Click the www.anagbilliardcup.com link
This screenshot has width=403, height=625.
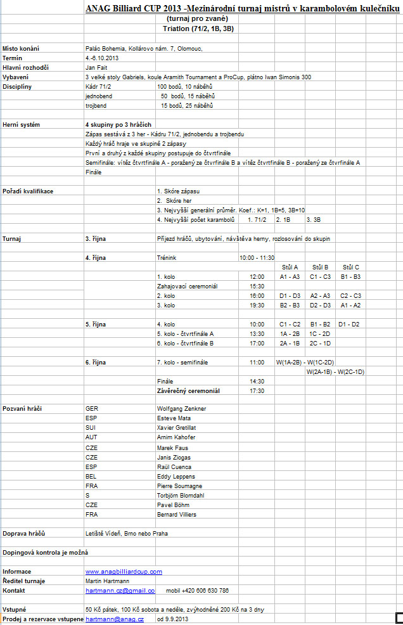point(124,571)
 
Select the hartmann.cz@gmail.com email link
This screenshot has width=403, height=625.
point(120,590)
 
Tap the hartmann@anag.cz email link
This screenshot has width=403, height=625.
point(115,619)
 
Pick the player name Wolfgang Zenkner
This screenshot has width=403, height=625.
point(181,409)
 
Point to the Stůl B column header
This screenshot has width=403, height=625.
point(320,267)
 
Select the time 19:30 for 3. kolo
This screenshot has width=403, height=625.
point(256,305)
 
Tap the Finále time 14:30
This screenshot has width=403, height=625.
point(256,381)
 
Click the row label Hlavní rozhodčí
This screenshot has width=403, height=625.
point(25,67)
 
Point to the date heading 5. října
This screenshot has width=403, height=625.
point(96,324)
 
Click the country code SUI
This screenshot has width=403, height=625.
point(91,428)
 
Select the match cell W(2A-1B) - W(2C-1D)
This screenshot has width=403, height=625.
point(335,371)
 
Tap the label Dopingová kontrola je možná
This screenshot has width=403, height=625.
point(44,552)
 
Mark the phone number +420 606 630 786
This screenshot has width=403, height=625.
point(206,590)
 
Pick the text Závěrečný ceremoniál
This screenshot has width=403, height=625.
point(188,390)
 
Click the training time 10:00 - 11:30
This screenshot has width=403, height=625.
point(257,257)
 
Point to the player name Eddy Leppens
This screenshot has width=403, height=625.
point(176,476)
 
